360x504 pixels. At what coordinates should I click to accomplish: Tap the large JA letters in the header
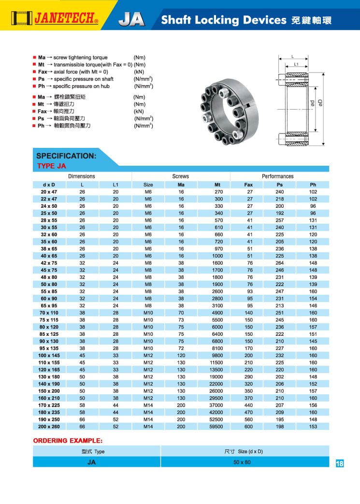[x=131, y=19]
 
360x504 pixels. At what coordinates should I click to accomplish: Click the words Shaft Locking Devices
[x=224, y=20]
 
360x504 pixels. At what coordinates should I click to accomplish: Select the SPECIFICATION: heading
[x=66, y=156]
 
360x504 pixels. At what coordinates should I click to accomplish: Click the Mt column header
[x=217, y=185]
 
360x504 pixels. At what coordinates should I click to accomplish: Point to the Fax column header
[x=249, y=185]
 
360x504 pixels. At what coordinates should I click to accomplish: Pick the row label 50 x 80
[x=48, y=284]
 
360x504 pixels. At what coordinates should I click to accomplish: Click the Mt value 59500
[x=216, y=427]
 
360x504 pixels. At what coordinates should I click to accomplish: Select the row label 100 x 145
[x=48, y=355]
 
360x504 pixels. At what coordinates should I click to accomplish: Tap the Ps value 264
[x=279, y=263]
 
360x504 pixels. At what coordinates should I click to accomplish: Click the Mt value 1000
[x=217, y=256]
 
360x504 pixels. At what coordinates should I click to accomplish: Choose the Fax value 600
[x=249, y=427]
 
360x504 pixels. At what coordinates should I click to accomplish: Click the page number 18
[x=339, y=463]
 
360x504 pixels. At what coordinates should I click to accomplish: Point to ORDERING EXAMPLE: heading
[x=68, y=441]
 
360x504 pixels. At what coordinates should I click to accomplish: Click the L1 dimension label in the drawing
[x=296, y=64]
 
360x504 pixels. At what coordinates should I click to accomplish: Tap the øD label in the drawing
[x=320, y=102]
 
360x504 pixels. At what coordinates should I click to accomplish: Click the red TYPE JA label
[x=51, y=166]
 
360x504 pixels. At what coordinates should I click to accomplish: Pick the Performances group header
[x=277, y=176]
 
